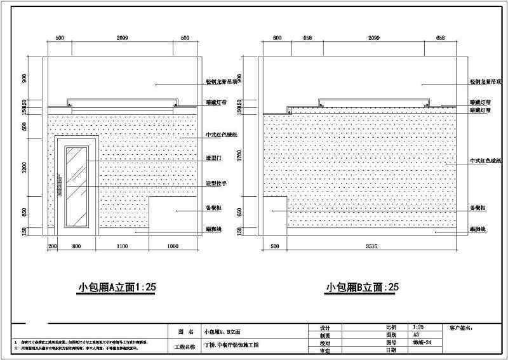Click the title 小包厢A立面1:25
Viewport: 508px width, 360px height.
tap(111, 287)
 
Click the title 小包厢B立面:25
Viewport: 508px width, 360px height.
tap(363, 287)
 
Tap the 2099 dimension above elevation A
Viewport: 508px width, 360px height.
tap(123, 38)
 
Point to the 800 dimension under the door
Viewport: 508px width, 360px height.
tap(76, 246)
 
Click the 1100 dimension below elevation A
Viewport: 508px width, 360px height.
tap(122, 246)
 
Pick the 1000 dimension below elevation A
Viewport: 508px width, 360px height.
tap(173, 246)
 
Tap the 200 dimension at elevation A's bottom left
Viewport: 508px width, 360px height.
tap(52, 246)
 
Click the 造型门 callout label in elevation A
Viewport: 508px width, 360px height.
tap(213, 159)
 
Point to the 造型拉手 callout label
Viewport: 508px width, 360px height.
tap(216, 183)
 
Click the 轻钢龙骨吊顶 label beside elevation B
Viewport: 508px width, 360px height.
tap(486, 82)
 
